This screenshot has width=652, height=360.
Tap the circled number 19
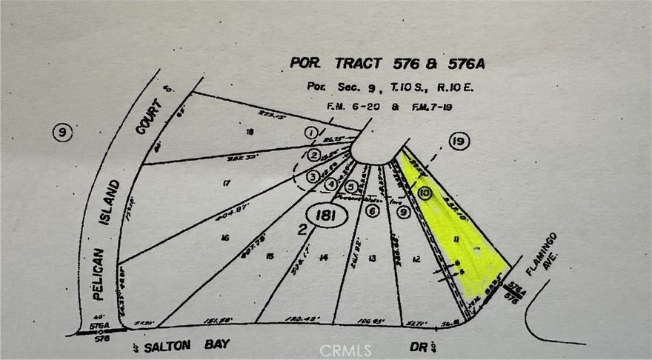tap(459, 141)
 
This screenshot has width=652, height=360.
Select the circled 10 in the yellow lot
tap(424, 193)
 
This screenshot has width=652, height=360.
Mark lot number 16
tap(223, 238)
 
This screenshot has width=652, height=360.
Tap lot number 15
tap(270, 256)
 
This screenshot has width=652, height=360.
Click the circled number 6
tap(373, 211)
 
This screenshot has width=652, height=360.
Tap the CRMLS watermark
tap(346, 349)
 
